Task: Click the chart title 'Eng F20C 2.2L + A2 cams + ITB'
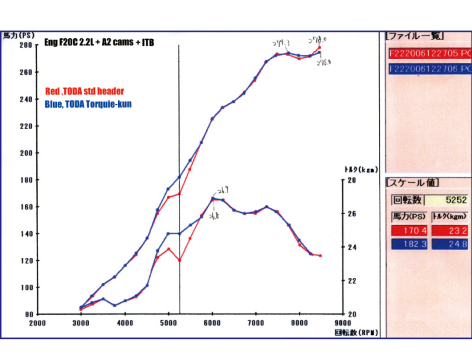(x=99, y=43)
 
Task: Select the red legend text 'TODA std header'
(x=84, y=92)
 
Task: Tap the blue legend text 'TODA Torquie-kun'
(x=88, y=105)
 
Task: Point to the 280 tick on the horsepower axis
(x=25, y=45)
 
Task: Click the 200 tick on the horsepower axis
(x=25, y=153)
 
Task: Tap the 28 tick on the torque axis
(x=351, y=180)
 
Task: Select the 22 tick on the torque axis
(x=351, y=281)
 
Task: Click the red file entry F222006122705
(x=429, y=53)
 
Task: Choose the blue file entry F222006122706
(x=429, y=69)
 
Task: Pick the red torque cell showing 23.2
(x=450, y=230)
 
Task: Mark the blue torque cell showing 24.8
(x=450, y=244)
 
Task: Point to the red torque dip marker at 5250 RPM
(x=180, y=261)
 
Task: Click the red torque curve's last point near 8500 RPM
(x=320, y=256)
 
